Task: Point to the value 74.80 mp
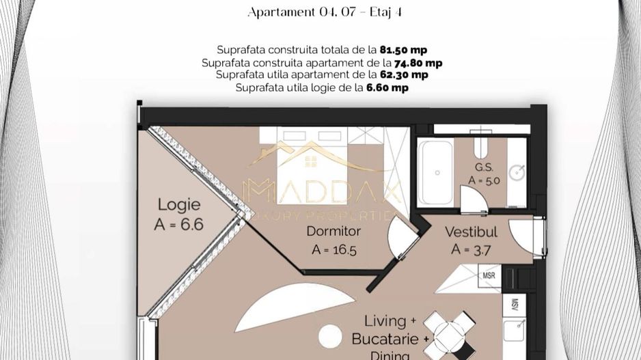click(x=418, y=63)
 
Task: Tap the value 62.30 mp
click(x=405, y=75)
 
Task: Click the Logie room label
click(x=179, y=204)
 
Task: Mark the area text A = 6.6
click(x=179, y=225)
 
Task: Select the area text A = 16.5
click(x=333, y=249)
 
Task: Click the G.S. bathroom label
click(x=484, y=167)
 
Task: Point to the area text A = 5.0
click(x=484, y=180)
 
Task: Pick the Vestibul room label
click(x=471, y=232)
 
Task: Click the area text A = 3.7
click(x=470, y=249)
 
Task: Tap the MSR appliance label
click(x=489, y=275)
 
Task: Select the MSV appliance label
click(x=515, y=304)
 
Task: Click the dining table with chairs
click(x=448, y=333)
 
